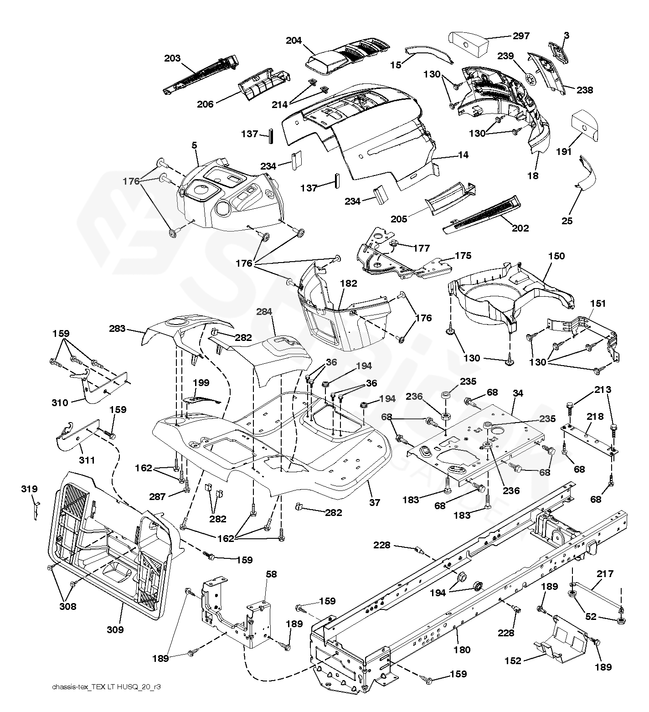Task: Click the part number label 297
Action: click(x=521, y=36)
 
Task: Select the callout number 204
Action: click(x=294, y=41)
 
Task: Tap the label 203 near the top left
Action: click(x=173, y=58)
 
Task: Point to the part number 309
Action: click(x=115, y=629)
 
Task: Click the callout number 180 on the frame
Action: click(x=462, y=650)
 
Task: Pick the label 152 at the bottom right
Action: click(x=513, y=660)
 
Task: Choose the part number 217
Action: click(x=605, y=574)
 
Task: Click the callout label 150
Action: click(x=556, y=256)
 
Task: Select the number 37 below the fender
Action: click(x=375, y=502)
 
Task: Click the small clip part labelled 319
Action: click(x=36, y=510)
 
